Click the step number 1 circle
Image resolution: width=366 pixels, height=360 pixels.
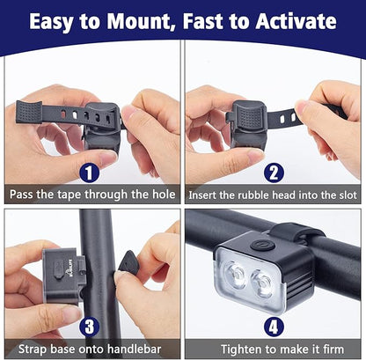(88, 173)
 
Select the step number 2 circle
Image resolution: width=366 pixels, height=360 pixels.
(273, 173)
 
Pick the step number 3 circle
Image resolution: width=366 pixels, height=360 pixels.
(88, 327)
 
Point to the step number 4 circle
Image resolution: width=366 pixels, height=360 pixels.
(273, 327)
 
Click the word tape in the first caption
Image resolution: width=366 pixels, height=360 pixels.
(81, 195)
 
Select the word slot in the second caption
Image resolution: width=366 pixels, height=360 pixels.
(346, 195)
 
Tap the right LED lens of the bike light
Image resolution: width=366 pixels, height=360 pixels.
(261, 284)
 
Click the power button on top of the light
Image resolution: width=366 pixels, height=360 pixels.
(254, 246)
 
